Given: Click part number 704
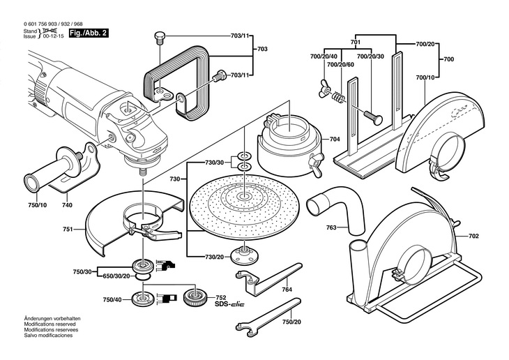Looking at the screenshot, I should click(335, 140).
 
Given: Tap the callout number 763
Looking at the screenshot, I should click(312, 227).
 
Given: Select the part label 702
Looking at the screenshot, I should click(474, 237).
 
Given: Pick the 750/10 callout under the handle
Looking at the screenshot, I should click(37, 207).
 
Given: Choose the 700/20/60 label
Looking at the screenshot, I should click(340, 65).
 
